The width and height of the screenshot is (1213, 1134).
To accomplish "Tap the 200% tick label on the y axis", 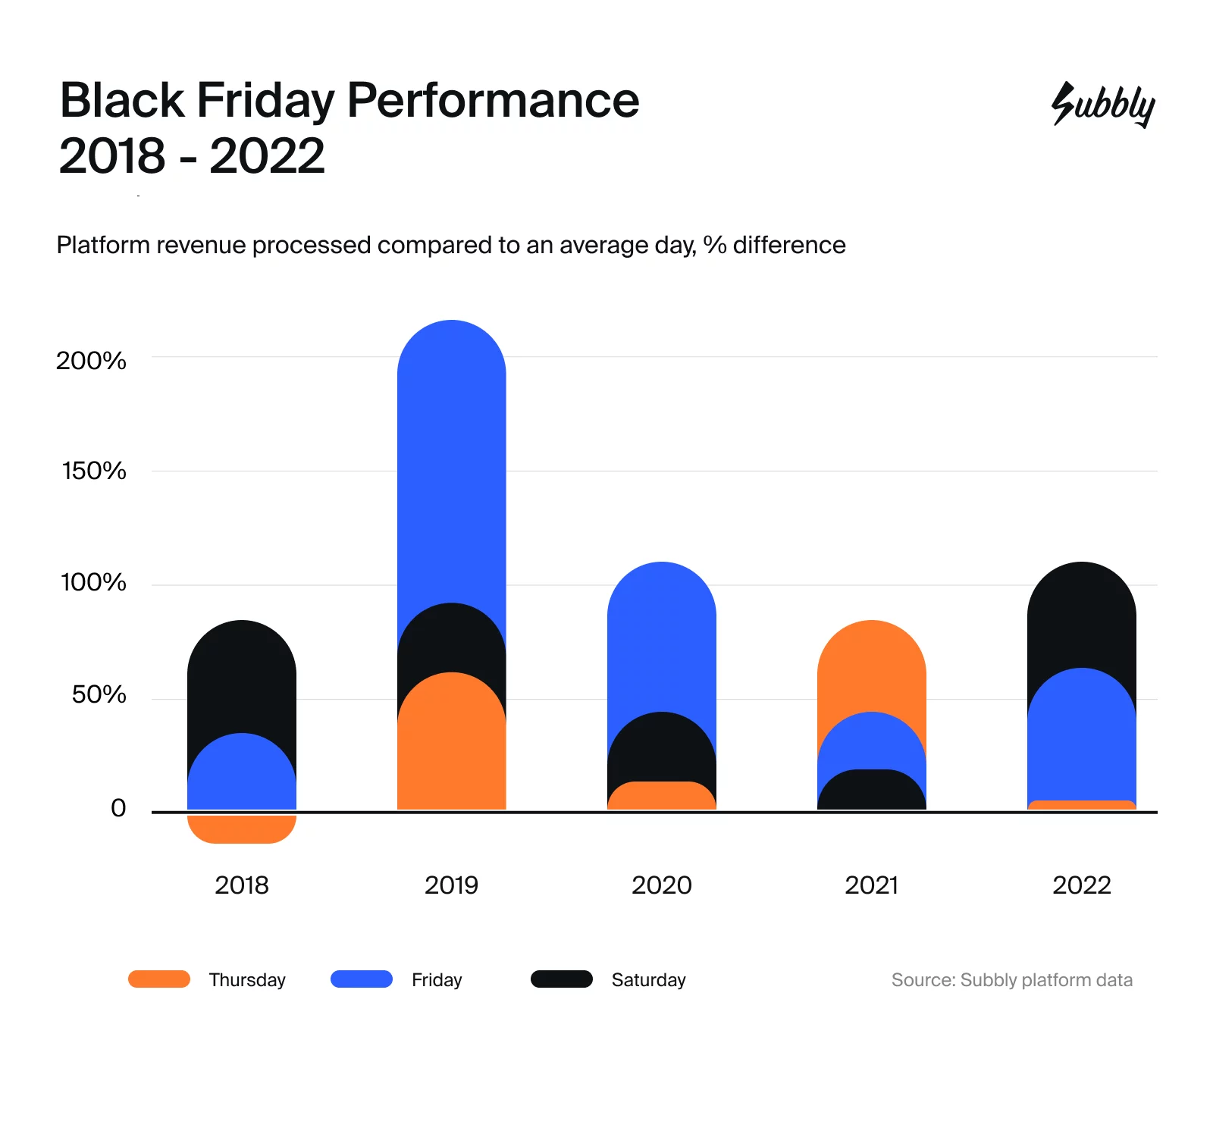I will point(91,361).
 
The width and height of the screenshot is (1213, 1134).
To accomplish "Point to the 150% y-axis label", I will point(94,471).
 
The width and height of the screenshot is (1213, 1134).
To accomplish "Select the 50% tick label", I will point(99,694).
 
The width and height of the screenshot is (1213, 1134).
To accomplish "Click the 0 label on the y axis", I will point(118,808).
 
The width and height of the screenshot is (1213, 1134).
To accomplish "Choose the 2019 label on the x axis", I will point(451,885).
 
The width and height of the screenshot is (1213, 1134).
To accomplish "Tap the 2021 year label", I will point(871,885).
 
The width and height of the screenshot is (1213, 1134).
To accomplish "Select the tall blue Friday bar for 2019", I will point(451,470).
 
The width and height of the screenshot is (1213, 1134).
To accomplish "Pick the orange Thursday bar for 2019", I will point(451,750).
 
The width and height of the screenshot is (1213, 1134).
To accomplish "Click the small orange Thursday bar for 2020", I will point(661,797).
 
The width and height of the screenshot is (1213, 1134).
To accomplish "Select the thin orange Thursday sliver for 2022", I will point(1081,805).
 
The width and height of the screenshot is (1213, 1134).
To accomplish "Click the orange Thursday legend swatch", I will point(159,979).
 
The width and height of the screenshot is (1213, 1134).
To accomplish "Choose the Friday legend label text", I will point(437,980).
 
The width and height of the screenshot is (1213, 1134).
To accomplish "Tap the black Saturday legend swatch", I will point(561,979).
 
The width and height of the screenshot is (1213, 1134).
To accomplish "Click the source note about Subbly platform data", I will point(1011,980).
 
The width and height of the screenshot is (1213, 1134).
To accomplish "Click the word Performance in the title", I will point(493,100).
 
